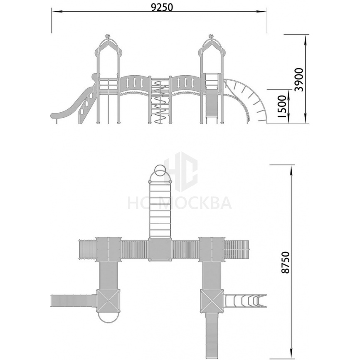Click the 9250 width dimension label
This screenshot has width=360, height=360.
click(162, 7)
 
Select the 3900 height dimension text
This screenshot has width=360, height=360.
click(299, 79)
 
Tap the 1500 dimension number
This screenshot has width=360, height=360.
click(282, 107)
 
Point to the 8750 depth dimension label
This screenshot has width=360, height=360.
click(286, 262)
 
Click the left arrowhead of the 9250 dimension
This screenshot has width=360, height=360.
click(56, 11)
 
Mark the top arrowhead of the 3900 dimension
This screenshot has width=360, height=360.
click(306, 39)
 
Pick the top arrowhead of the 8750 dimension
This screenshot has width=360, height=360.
click(291, 170)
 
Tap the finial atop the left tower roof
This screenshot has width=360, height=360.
click(107, 36)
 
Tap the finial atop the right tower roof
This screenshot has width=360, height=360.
click(211, 36)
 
